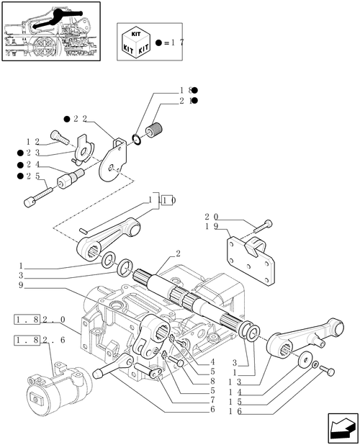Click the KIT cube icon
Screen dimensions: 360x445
point(136,42)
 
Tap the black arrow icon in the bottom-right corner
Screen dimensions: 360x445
point(343,428)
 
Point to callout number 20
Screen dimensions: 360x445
point(212,217)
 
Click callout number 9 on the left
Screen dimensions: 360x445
point(21,284)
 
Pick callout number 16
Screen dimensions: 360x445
point(235,411)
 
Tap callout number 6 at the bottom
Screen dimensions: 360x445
point(212,409)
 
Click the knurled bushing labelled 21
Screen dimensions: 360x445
point(154,130)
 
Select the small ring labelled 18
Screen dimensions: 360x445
point(136,140)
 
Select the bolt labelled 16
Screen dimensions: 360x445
point(328,370)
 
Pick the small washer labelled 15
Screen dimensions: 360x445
point(315,365)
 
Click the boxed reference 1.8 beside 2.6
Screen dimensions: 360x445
point(27,339)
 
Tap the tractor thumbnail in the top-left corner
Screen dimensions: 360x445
point(51,31)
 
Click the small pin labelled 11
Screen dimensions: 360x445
point(84,230)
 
